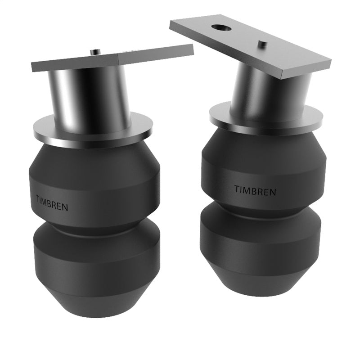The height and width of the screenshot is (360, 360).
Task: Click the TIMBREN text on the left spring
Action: coord(53,200)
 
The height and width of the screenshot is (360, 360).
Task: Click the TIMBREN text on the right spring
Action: coord(255,189)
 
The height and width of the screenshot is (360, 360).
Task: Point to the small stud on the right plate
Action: coord(262,44)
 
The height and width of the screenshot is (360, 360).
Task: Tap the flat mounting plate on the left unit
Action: coord(112,58)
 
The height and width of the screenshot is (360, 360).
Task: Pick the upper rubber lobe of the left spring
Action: coord(94,180)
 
